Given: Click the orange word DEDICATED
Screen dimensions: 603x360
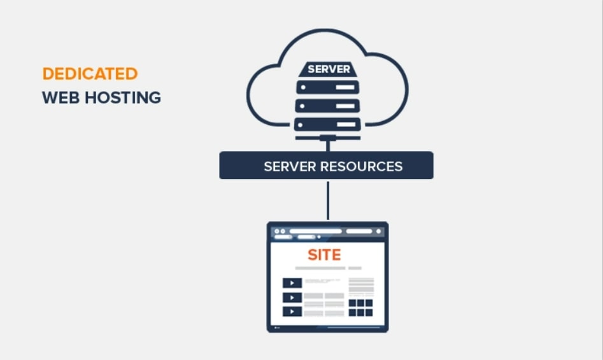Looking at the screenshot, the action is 90,74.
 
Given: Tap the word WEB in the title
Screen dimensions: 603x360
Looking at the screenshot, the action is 60,97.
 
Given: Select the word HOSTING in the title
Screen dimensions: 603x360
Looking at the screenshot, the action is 123,97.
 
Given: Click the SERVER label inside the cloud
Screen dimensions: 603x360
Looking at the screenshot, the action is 329,69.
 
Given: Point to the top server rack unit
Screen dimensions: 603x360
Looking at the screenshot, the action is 328,87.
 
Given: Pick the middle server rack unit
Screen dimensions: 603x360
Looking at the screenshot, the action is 328,106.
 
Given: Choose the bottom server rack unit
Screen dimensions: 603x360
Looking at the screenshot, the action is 328,124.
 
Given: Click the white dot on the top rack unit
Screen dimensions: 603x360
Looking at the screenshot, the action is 303,87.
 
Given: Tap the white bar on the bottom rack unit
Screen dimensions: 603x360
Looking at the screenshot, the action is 346,124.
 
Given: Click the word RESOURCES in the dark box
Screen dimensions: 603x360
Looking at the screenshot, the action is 362,166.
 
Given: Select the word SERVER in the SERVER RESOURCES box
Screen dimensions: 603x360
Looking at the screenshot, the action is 290,166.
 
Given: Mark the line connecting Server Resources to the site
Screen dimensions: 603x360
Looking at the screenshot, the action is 328,200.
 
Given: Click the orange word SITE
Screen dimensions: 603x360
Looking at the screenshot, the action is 324,255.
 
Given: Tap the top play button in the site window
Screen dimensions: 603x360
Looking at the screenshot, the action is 292,283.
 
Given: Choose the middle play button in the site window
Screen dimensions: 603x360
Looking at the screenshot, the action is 292,298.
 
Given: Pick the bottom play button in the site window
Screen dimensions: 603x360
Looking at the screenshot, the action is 292,311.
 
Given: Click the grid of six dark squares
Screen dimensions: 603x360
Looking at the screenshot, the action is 361,308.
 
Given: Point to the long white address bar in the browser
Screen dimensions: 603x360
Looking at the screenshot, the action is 316,231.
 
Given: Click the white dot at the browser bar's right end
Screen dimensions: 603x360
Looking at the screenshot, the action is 378,231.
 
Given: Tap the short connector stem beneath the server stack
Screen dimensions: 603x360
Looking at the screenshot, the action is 328,146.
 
